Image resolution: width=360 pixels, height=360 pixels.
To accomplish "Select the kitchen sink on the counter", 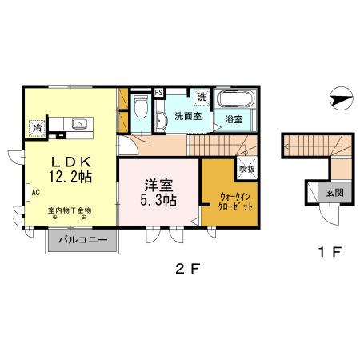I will (80, 123).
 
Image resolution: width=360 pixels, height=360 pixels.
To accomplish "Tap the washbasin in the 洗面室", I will (162, 120).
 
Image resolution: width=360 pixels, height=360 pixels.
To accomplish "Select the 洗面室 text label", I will (187, 117).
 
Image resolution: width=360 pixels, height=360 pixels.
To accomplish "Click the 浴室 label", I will (234, 120).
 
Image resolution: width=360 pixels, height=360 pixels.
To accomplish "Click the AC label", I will (36, 191).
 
